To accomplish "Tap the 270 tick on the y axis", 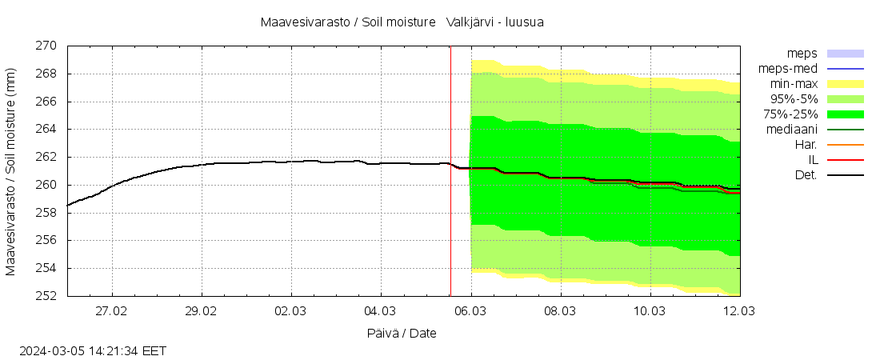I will coord(46,46).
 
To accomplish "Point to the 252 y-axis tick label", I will coord(46,296).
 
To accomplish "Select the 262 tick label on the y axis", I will coord(46,157).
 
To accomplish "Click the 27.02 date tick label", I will coord(112,310).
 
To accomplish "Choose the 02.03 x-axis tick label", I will coord(290,310).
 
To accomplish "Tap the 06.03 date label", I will coord(470,310).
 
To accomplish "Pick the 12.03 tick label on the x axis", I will coord(738,310).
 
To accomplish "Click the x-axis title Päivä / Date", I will coord(402,333).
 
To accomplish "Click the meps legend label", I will coord(802,54).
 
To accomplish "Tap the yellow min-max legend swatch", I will coord(845,84).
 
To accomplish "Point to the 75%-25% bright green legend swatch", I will coord(845,114).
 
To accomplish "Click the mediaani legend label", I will coord(791,129).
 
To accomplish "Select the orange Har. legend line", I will coord(845,145).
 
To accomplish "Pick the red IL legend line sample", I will coord(845,160).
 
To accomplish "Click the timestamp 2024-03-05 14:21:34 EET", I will coord(93,350).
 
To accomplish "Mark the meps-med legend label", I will coord(788,69).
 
